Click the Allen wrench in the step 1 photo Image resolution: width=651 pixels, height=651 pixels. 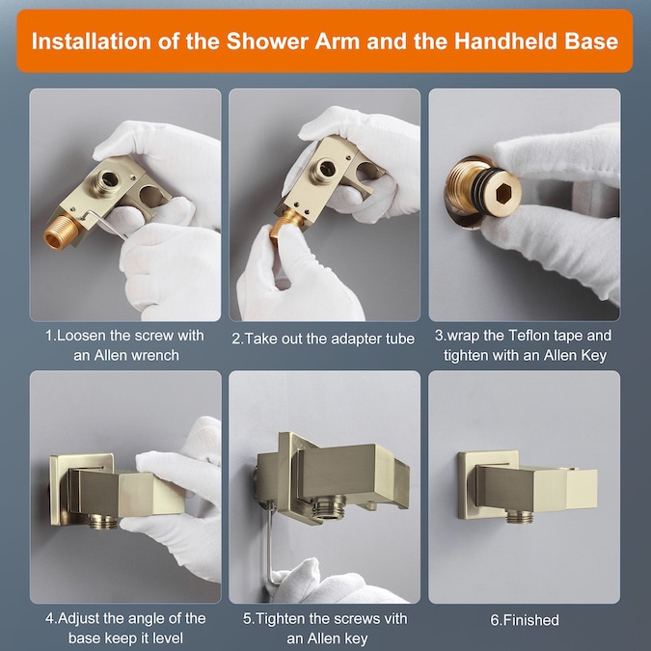coord(105,224)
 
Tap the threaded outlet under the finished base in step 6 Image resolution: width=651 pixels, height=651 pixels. coord(519,516)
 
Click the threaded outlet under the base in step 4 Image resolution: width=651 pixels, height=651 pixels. coord(103,522)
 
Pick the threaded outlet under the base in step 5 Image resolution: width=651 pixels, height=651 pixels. coord(329,507)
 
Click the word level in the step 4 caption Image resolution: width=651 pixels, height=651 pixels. coord(167,637)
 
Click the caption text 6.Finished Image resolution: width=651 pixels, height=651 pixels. coord(525,620)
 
